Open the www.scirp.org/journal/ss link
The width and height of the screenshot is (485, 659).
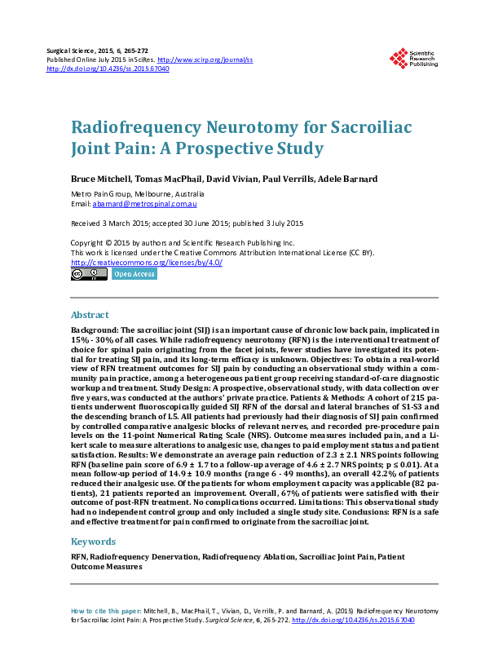point(205,60)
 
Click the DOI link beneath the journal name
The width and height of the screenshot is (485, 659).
point(108,69)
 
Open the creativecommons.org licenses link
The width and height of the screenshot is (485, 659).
point(147,263)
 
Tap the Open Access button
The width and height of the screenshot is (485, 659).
point(134,274)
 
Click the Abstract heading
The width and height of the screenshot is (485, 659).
point(90,315)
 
